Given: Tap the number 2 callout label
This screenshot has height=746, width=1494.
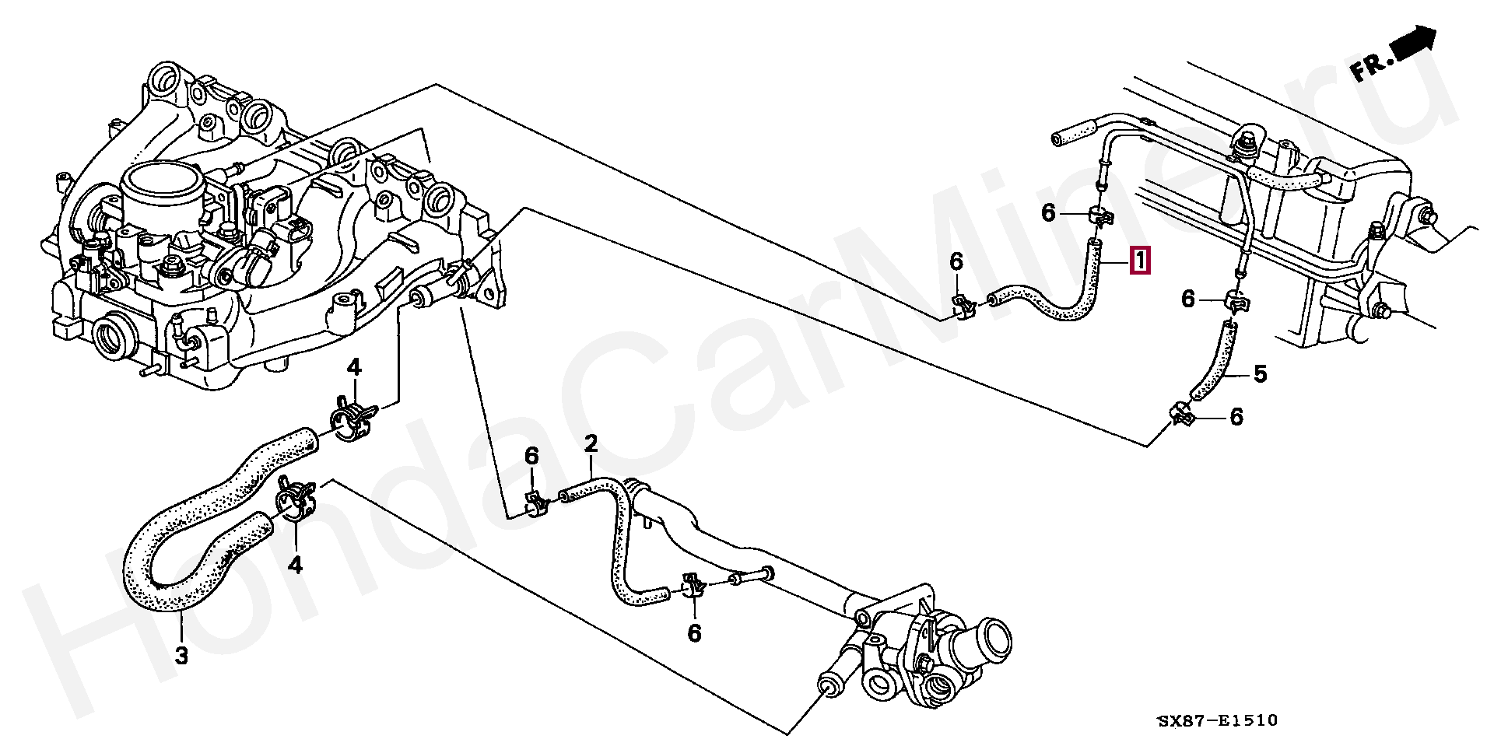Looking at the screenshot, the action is click(591, 445).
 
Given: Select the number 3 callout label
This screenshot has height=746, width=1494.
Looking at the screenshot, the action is click(181, 655).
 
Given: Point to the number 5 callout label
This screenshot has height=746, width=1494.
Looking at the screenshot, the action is click(1260, 374).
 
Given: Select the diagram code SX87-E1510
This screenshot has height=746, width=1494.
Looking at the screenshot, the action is click(1218, 721).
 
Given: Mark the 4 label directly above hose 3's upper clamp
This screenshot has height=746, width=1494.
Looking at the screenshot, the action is click(355, 367).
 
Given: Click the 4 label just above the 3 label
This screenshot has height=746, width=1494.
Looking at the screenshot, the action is click(295, 565).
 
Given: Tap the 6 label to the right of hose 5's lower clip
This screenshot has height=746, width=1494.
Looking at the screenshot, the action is click(1236, 418).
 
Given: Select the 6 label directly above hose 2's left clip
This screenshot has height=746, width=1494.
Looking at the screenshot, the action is click(531, 457).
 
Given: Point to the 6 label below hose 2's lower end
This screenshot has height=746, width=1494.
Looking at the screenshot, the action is click(694, 634).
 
